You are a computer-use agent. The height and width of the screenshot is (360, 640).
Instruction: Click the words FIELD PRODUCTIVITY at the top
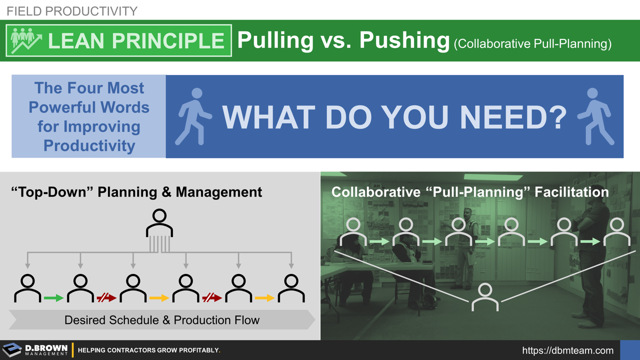(x=71, y=11)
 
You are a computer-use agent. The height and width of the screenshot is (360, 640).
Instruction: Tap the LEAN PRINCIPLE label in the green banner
(x=136, y=41)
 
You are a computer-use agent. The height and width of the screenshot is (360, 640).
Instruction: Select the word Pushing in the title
(x=404, y=40)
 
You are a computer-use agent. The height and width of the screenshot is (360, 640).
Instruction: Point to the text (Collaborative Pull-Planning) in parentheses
(x=532, y=44)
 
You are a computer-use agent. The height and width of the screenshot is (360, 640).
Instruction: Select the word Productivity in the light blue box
(x=89, y=145)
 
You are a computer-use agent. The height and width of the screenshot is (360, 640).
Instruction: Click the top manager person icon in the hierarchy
(x=159, y=223)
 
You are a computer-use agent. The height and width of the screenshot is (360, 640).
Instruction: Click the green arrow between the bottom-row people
(x=53, y=298)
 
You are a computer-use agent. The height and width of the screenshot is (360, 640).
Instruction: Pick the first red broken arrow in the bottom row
(x=106, y=298)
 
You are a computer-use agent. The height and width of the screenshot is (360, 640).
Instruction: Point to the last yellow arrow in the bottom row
(x=264, y=298)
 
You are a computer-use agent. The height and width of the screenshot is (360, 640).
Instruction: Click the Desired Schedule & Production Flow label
(x=161, y=320)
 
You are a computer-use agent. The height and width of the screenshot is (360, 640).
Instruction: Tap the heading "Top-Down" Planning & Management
(x=136, y=191)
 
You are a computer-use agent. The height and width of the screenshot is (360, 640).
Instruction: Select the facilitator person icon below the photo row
(x=485, y=296)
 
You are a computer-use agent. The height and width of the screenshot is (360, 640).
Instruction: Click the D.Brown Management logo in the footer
(x=35, y=350)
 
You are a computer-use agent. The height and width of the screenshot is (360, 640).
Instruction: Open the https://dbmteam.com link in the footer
(x=567, y=350)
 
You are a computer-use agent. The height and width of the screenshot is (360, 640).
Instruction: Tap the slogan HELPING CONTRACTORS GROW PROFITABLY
(x=148, y=350)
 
